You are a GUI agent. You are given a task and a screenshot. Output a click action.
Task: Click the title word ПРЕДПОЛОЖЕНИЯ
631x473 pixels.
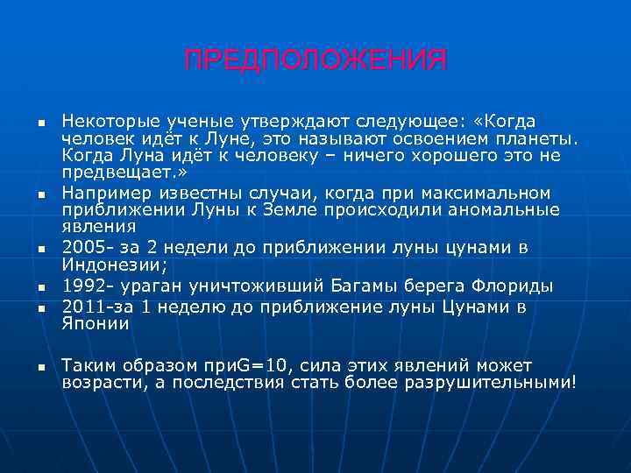[x=315, y=60]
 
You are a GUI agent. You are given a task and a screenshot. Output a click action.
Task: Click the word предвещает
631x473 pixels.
[x=112, y=173]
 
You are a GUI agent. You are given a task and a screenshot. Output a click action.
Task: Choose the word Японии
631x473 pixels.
[x=96, y=323]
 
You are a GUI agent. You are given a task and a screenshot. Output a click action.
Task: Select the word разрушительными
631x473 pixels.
[x=492, y=382]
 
